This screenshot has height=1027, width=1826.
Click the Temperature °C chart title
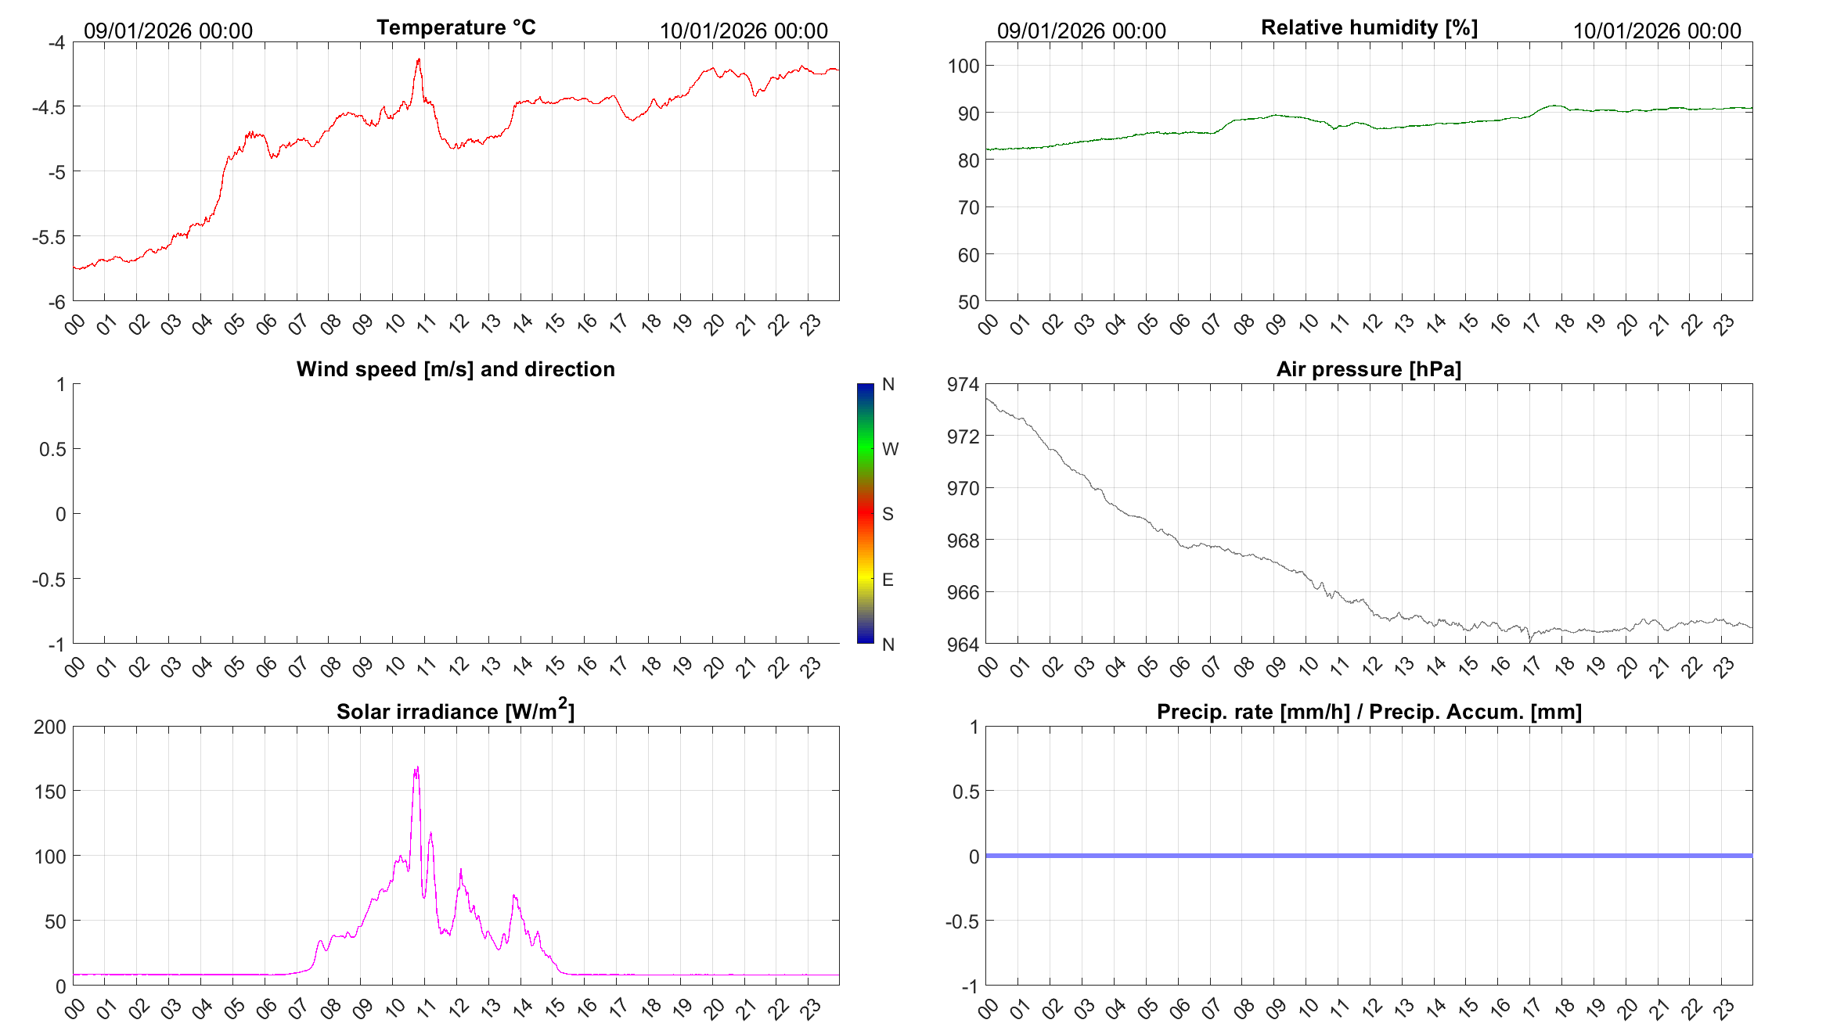456,27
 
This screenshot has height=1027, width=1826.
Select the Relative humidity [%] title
1369,27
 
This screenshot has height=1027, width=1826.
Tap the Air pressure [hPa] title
1368,369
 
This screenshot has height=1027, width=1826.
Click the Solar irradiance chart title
456,711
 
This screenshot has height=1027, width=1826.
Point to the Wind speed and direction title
456,369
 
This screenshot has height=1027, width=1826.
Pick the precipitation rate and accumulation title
1369,712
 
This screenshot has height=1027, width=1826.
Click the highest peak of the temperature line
419,59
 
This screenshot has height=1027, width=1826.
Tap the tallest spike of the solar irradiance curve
417,767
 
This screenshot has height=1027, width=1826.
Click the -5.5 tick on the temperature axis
49,236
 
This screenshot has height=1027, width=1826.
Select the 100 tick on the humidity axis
963,66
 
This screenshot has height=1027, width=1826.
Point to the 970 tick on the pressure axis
963,488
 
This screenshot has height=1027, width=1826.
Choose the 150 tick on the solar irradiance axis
50,792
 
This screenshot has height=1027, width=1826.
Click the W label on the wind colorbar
890,449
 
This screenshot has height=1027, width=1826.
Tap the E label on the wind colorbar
888,580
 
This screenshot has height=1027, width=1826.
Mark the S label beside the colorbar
888,514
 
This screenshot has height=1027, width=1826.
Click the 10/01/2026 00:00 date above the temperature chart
744,31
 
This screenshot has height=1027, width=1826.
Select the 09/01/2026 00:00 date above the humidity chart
1081,31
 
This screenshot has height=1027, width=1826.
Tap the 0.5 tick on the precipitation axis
965,792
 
